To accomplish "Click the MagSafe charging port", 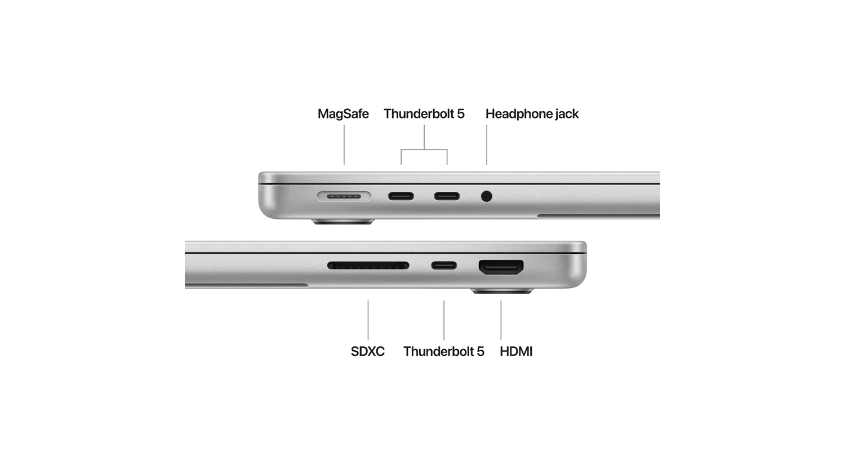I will click(344, 196).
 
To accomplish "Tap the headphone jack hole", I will click(487, 196).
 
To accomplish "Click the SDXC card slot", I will click(368, 266).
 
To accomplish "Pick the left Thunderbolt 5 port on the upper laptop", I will click(401, 196).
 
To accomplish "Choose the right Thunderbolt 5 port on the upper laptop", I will click(447, 196).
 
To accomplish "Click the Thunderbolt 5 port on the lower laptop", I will click(444, 266).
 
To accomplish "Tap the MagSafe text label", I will click(343, 114).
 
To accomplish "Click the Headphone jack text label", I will click(532, 114).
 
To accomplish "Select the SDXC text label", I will click(367, 351).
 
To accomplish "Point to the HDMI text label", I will click(516, 351).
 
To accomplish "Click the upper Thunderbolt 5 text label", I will click(424, 114).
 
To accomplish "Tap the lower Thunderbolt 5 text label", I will click(444, 351).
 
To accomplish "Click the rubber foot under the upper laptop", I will click(343, 222).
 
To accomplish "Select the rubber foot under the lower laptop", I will click(502, 292).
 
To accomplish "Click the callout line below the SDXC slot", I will click(368, 320).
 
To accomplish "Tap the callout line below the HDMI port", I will click(501, 320).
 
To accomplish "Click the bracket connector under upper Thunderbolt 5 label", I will click(424, 149).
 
